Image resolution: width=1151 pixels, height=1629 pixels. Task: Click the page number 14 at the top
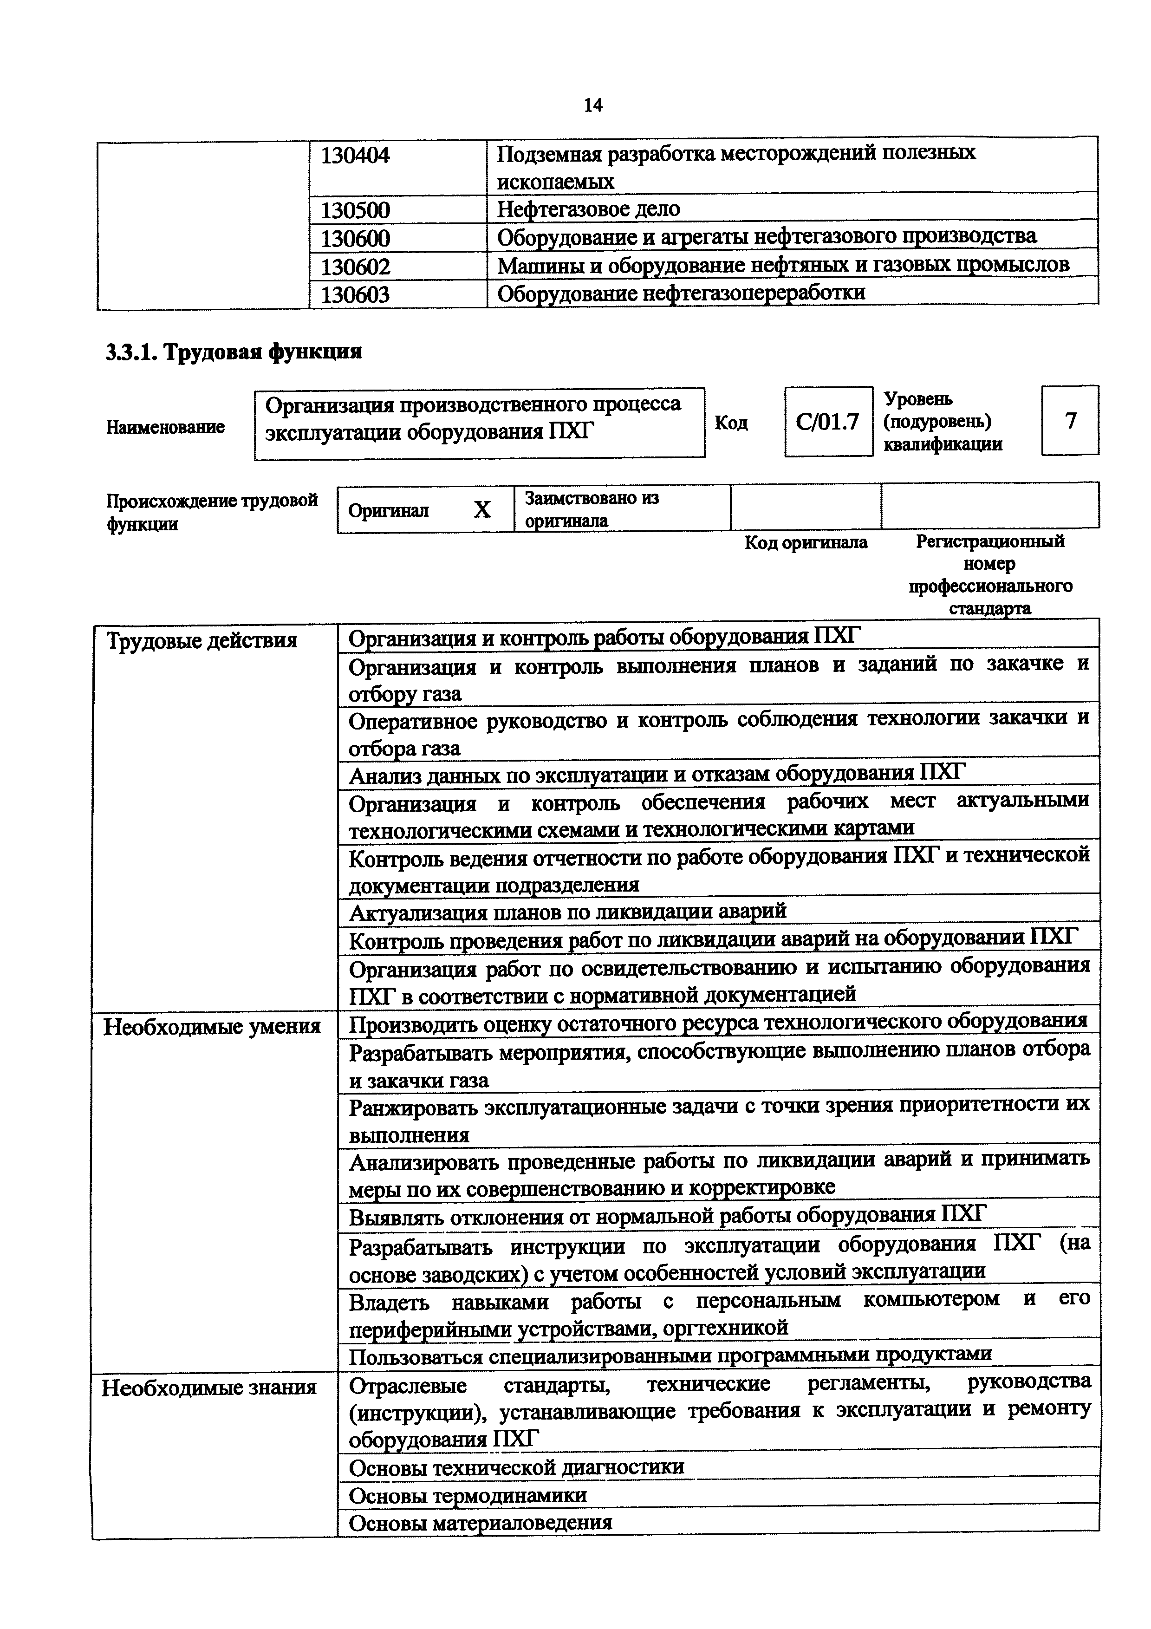(593, 106)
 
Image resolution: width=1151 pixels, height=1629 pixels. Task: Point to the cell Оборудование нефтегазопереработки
(681, 293)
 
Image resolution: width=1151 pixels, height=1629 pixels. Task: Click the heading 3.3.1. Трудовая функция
(234, 352)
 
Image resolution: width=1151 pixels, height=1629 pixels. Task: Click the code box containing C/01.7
(827, 422)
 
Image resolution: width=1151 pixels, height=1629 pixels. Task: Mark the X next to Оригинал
(482, 509)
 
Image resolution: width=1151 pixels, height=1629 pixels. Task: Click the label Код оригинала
(806, 543)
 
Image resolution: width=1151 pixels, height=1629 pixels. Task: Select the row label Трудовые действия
(202, 641)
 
